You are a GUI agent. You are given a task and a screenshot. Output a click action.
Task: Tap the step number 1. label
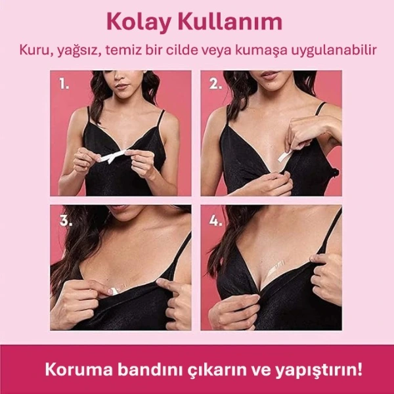tap(64, 84)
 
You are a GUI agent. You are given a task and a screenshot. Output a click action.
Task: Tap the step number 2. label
tap(214, 84)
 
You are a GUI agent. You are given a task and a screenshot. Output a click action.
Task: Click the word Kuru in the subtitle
tap(34, 50)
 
